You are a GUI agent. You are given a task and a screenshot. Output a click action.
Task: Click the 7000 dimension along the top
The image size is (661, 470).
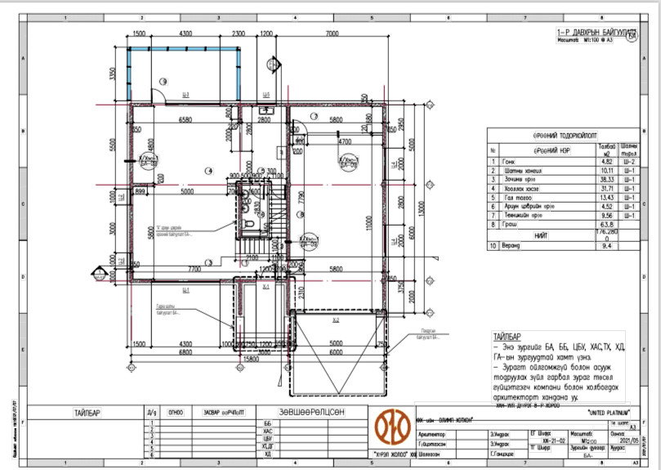pos(332,34)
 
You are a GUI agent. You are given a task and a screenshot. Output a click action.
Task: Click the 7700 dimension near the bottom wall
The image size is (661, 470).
pos(194,268)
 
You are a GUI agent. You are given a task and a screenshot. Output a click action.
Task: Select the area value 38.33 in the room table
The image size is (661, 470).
pos(605,180)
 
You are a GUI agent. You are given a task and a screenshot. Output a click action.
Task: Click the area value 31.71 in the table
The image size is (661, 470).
pos(605,189)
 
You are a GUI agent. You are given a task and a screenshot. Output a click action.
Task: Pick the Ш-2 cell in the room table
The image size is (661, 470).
pos(629,162)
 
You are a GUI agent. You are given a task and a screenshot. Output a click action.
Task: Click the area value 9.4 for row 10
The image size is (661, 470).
pos(605,244)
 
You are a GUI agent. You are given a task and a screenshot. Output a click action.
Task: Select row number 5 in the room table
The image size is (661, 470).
pos(493,198)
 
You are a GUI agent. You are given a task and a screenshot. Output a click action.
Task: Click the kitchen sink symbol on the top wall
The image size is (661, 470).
pos(264,110)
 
